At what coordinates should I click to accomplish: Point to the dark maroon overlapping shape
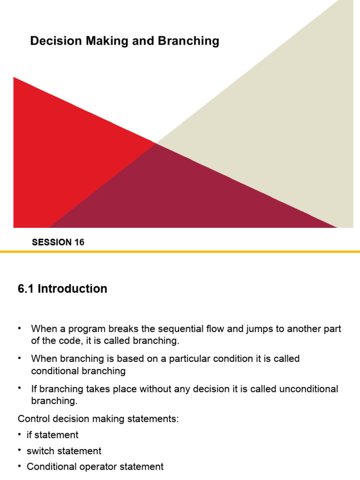(187, 197)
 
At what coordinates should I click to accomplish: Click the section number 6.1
(26, 289)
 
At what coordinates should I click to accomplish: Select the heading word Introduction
(73, 289)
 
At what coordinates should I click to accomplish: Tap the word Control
(31, 419)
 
